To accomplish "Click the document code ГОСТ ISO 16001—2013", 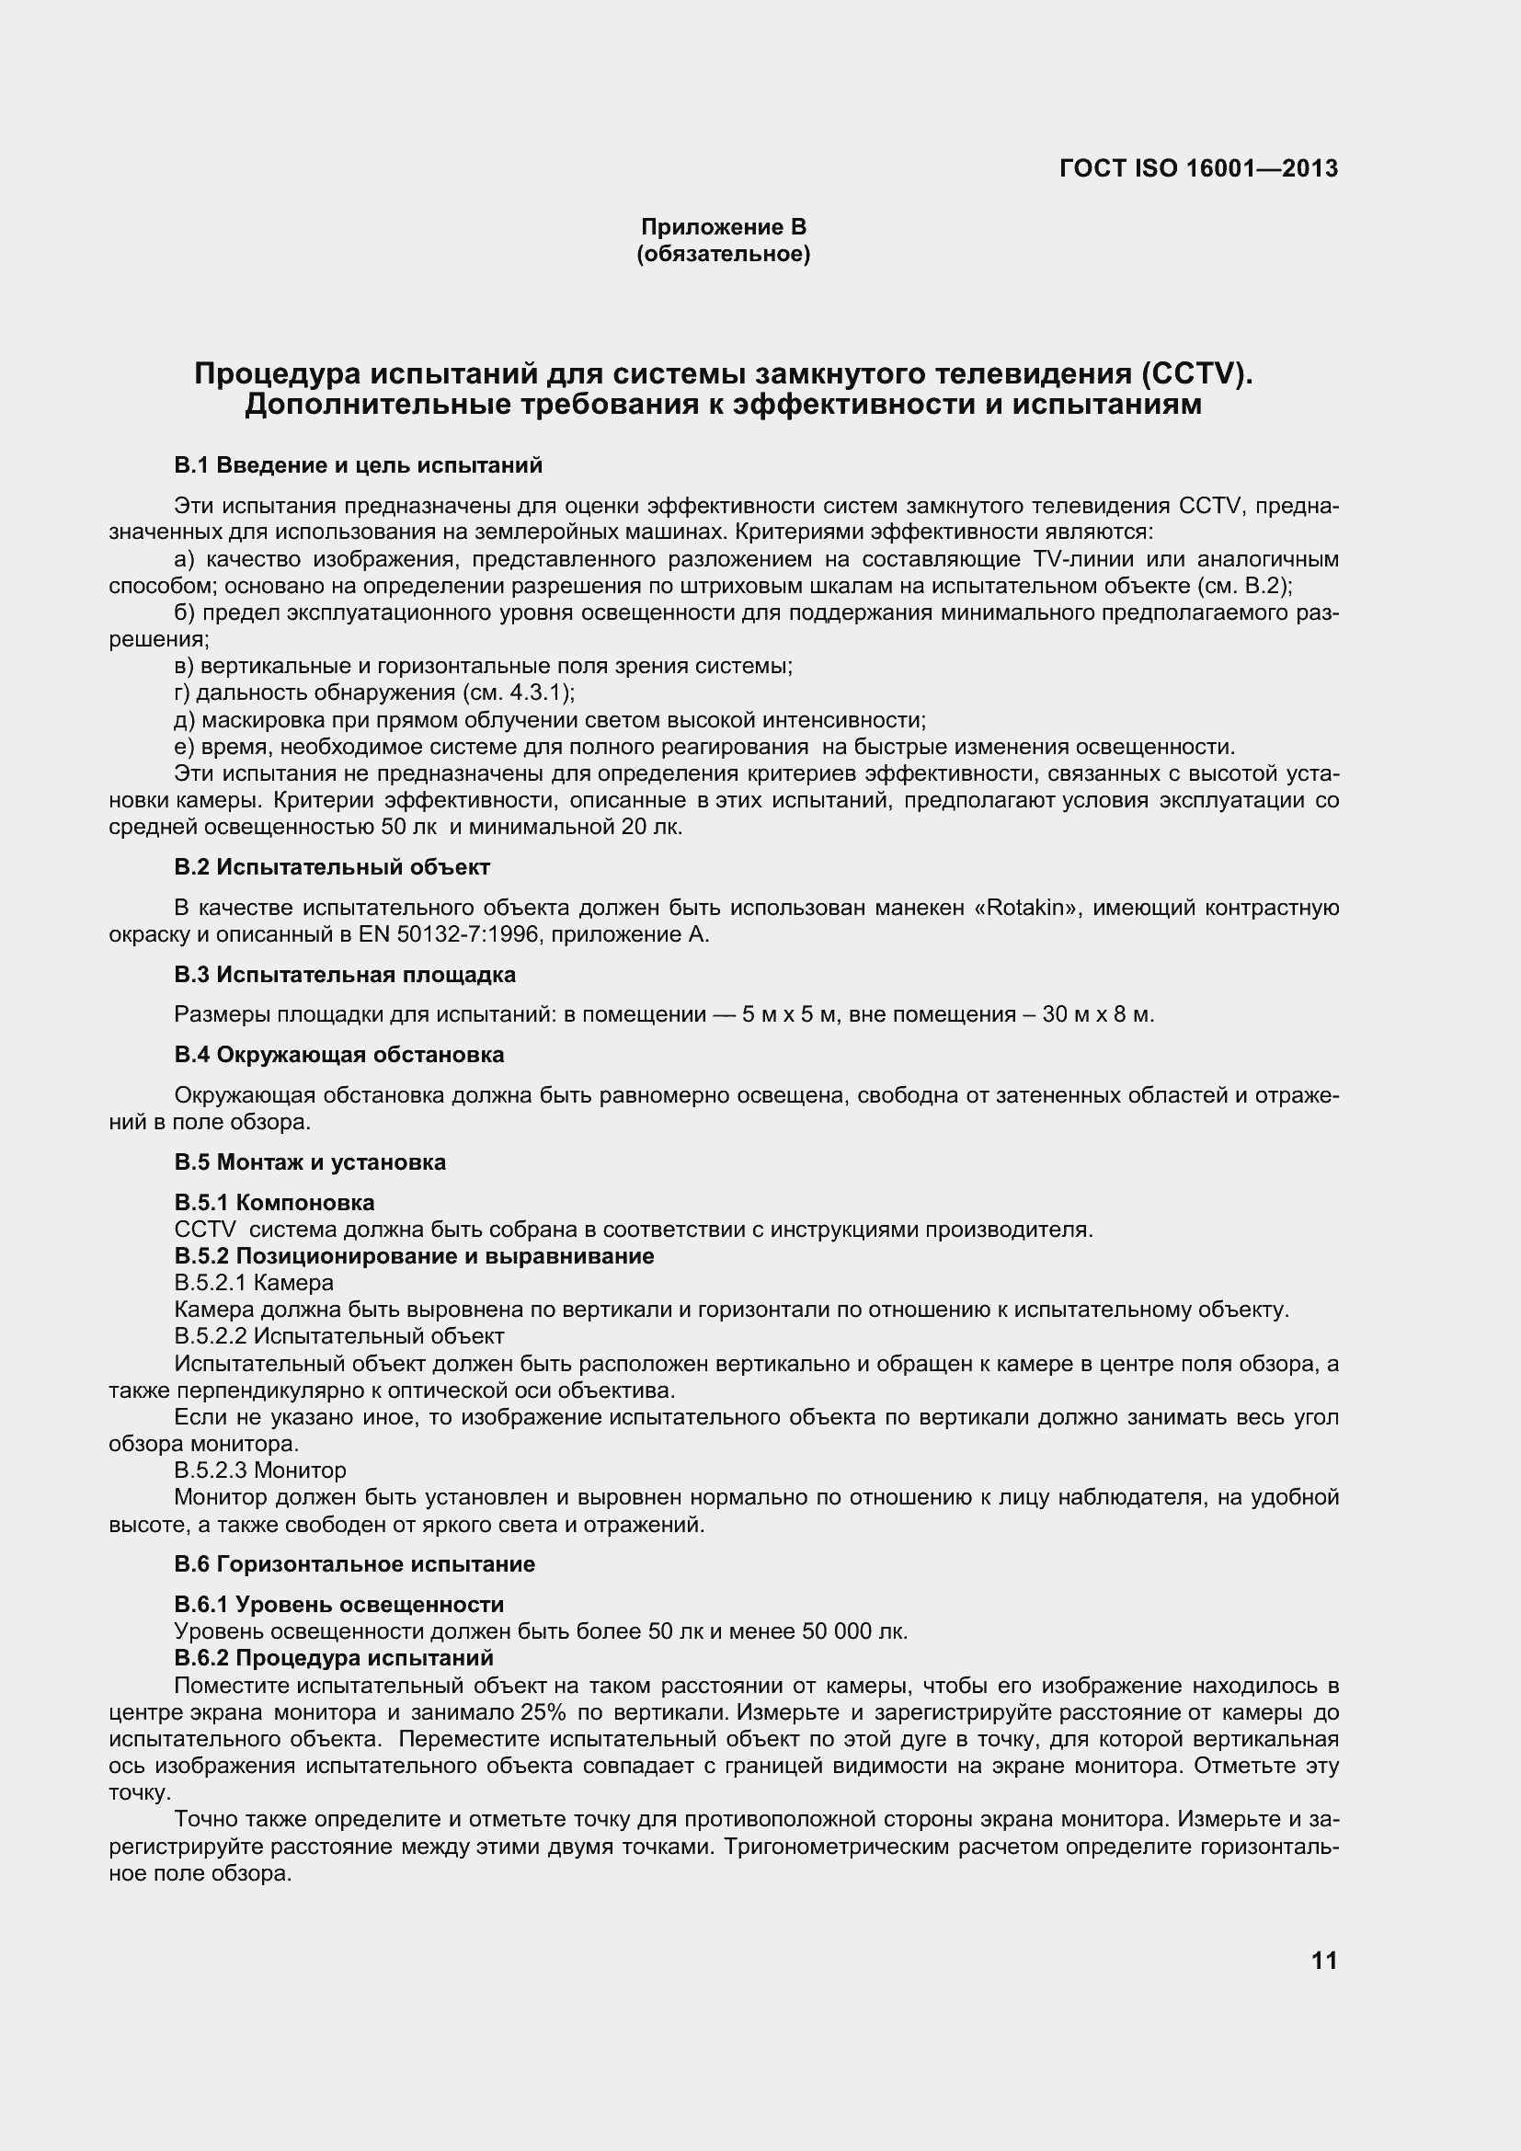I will coord(1199,168).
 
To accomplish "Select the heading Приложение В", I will coord(723,227).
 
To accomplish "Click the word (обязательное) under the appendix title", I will coord(723,254).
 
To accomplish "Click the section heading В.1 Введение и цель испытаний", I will coord(358,465).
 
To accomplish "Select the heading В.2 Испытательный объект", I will coord(332,866).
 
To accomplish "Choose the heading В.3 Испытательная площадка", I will coord(345,974).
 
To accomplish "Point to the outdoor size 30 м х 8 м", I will coord(1098,1014).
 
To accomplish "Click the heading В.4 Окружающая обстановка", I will coord(339,1055).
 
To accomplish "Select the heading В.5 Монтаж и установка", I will coord(310,1162).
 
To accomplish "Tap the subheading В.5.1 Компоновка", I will coord(274,1203).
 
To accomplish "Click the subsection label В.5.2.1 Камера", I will coord(254,1283).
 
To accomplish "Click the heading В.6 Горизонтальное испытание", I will coord(355,1564).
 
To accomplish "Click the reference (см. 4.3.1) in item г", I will coord(516,693).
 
